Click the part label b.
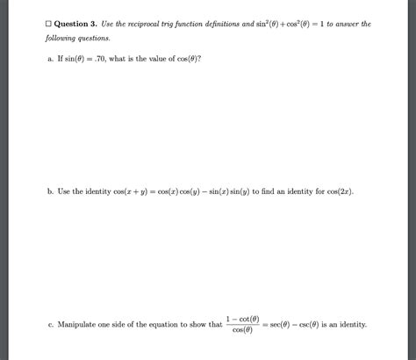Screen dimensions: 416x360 (51, 191)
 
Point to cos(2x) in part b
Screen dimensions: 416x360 (336, 191)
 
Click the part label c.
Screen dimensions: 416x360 (51, 324)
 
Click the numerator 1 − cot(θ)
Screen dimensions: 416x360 (240, 318)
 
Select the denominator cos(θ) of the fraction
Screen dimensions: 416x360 (240, 331)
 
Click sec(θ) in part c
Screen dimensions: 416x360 (276, 324)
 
